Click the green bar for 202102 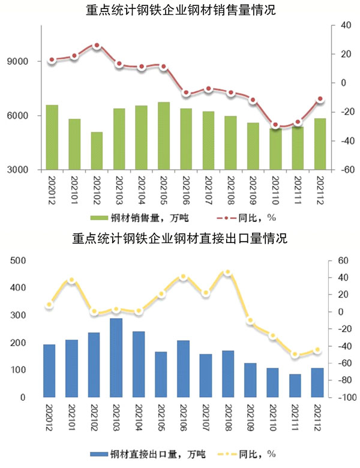pyautogui.click(x=97, y=151)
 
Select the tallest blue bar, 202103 pyautogui.click(x=116, y=358)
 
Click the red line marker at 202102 pyautogui.click(x=97, y=46)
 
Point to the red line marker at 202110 pyautogui.click(x=275, y=125)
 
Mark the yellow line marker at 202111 pyautogui.click(x=295, y=355)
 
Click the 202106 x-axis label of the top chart pyautogui.click(x=186, y=188)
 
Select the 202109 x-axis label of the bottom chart pyautogui.click(x=251, y=416)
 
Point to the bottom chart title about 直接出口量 pyautogui.click(x=180, y=239)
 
